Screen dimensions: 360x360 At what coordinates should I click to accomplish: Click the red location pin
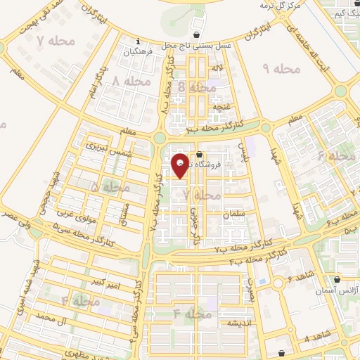[180, 166]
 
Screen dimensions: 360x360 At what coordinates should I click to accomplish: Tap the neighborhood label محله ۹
[281, 68]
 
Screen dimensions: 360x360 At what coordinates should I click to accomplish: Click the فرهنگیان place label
[138, 53]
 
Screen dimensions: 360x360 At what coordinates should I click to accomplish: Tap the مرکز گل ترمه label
[280, 6]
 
